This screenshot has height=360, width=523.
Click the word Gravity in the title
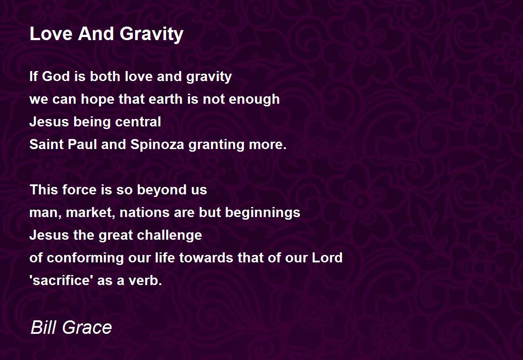click(x=152, y=34)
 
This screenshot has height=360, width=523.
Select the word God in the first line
click(x=56, y=76)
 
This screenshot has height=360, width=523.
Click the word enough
click(x=254, y=100)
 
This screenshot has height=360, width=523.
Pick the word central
click(x=138, y=122)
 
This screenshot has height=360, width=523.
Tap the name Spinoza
click(x=157, y=145)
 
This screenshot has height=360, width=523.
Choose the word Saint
click(x=47, y=144)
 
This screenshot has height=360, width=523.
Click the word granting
click(x=217, y=145)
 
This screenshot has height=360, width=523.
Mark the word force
click(x=79, y=190)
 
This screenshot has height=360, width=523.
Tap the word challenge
click(x=169, y=236)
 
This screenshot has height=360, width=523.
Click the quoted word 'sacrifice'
click(x=60, y=280)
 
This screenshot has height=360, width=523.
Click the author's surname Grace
click(x=87, y=327)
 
